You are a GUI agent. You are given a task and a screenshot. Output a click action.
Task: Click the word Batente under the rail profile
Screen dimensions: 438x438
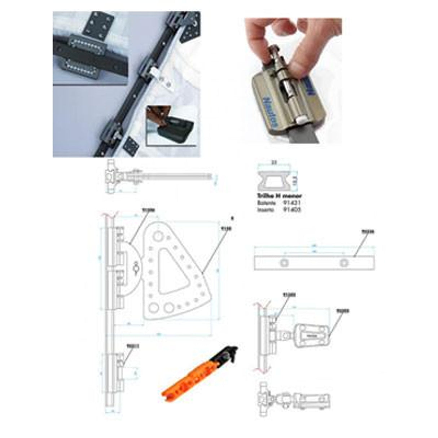tap(265, 203)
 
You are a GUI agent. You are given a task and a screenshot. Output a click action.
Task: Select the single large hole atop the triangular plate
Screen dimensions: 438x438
tap(158, 236)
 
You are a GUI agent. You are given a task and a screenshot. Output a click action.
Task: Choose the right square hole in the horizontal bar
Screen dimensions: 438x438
tap(344, 262)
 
